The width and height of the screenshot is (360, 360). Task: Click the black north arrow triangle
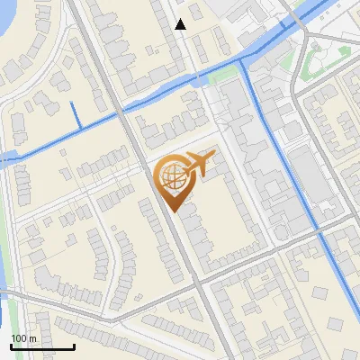[x=181, y=25]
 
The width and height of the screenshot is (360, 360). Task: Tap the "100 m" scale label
[x=23, y=338]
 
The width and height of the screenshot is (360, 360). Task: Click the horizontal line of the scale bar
[x=42, y=346]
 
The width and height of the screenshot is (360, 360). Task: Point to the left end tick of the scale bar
[x=11, y=345]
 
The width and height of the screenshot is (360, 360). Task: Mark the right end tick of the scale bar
[x=74, y=345]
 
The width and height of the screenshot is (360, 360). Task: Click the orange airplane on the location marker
[x=201, y=163]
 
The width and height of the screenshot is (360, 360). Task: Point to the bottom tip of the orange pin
[x=171, y=211]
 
